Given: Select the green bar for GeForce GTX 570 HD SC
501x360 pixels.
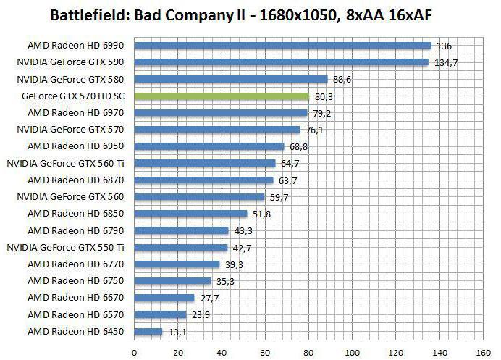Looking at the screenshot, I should (x=222, y=96).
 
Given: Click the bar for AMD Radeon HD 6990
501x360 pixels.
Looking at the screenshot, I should (x=282, y=46).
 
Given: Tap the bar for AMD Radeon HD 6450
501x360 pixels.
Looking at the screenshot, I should (x=148, y=331).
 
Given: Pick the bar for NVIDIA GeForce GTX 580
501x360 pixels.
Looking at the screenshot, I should (x=231, y=79).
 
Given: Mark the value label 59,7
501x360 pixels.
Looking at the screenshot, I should (x=279, y=196).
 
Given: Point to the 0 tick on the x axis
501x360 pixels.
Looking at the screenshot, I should (x=134, y=352).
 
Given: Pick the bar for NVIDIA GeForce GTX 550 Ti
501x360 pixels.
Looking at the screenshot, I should (x=181, y=247).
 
